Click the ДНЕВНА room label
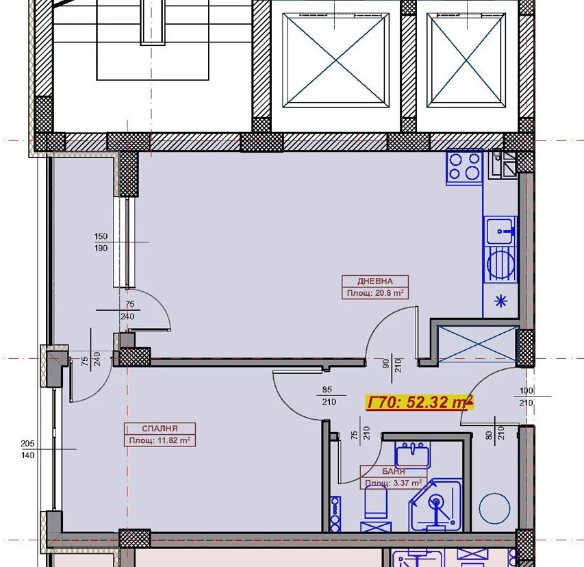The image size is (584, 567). pos(374,281)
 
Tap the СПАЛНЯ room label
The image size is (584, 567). pos(160,429)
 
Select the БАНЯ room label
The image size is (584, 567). pos(393,471)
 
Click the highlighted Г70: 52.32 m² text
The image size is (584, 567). pos(420,402)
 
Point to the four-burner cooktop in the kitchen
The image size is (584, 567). pos(464,166)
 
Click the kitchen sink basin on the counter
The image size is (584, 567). pos(500,230)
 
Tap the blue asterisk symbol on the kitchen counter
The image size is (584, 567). pos(500,300)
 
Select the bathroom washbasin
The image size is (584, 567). pos(412,454)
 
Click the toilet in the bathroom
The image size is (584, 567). pos(376,502)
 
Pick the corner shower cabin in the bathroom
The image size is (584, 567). pos(435,505)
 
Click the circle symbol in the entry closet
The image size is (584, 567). pos(494,509)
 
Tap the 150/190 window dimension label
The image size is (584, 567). pos(101,242)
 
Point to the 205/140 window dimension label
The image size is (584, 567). pos(27,449)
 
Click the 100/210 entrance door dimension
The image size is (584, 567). pos(526,396)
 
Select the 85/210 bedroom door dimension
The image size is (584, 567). pos(329,396)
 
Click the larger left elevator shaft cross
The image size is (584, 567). pos(336,60)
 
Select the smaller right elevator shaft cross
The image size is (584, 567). pos(466,60)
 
